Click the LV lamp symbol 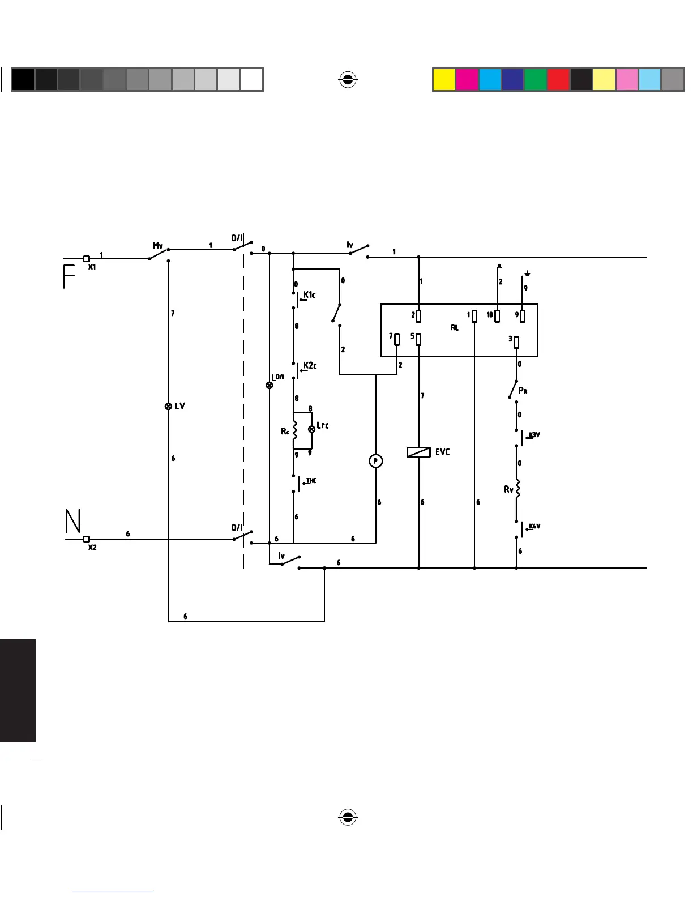click(x=168, y=406)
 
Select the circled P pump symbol click(x=375, y=462)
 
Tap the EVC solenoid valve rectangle click(x=418, y=452)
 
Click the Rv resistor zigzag click(x=517, y=488)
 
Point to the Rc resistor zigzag click(x=294, y=429)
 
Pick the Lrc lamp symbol click(x=311, y=429)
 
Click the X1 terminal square click(x=87, y=259)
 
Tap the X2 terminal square click(x=87, y=539)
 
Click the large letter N click(x=73, y=521)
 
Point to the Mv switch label click(x=158, y=246)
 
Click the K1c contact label click(x=310, y=294)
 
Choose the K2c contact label click(x=310, y=365)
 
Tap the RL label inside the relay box click(x=455, y=328)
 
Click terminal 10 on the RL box click(x=497, y=315)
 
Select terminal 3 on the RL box click(x=516, y=341)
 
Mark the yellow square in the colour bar click(x=444, y=80)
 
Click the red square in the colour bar click(x=558, y=80)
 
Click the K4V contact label click(x=534, y=526)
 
